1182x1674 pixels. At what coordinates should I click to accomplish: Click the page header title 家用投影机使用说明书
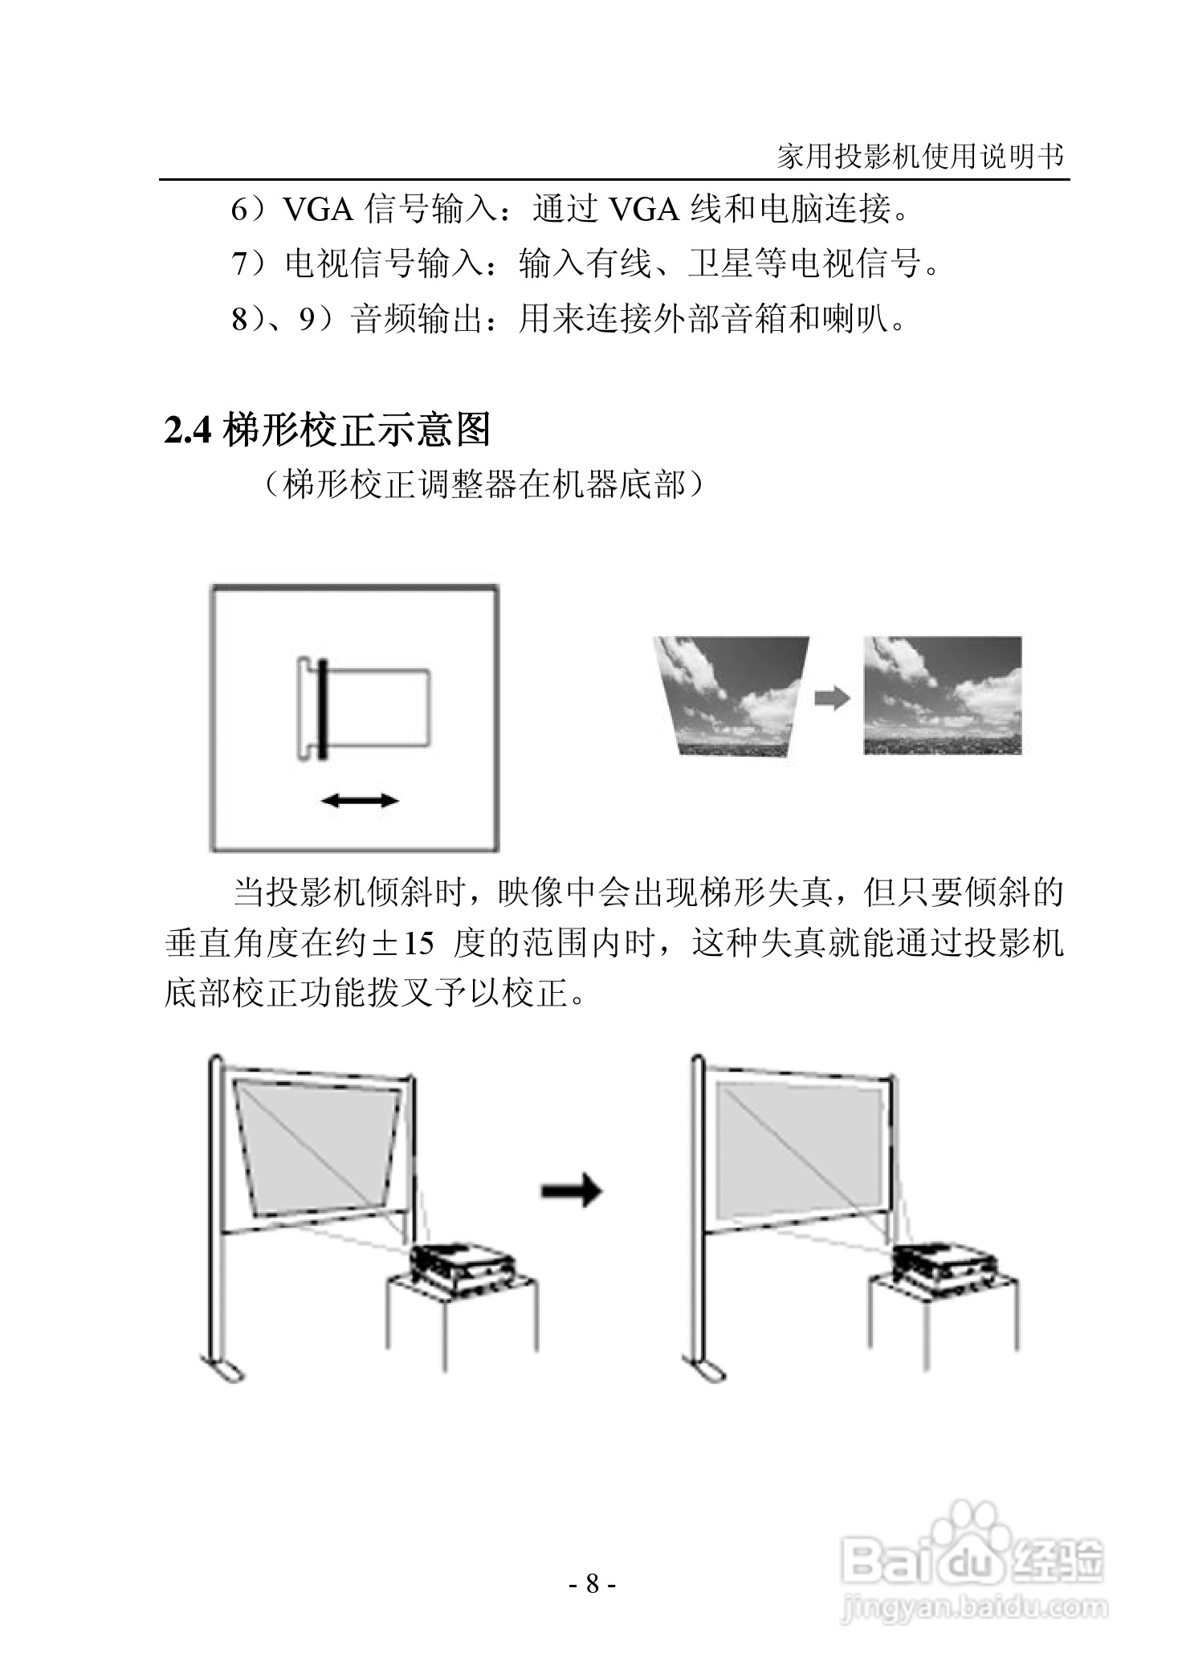(920, 156)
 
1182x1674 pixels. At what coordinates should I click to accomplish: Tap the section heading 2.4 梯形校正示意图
(327, 431)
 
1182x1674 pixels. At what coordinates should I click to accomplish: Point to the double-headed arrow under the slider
(359, 800)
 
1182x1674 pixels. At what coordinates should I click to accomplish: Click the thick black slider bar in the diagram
(321, 709)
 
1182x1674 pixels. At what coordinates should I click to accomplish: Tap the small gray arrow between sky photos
(832, 698)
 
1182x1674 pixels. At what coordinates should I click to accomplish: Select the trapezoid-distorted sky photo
(730, 696)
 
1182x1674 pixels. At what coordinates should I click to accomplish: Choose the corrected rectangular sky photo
(943, 696)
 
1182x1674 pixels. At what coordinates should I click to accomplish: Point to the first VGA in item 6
(320, 210)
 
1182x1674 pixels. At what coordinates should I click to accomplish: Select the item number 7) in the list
(247, 263)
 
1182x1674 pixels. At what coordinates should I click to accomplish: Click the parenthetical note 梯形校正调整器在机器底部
(486, 485)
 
